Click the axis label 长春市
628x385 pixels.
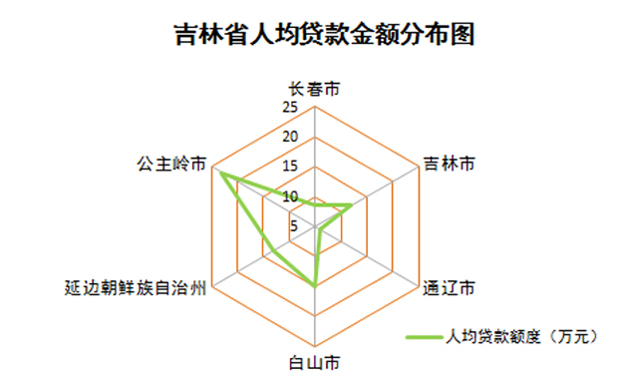[315, 89]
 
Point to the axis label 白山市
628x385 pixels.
[314, 359]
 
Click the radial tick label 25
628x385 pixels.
[289, 108]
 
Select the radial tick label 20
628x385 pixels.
[289, 137]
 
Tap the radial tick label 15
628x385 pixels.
[289, 166]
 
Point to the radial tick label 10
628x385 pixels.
[290, 196]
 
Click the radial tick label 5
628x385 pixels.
[293, 225]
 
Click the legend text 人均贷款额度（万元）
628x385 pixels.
[522, 337]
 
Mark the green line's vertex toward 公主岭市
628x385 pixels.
[221, 175]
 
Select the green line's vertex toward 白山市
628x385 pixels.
[315, 286]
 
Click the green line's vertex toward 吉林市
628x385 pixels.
[351, 206]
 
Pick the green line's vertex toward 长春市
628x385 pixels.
[315, 203]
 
